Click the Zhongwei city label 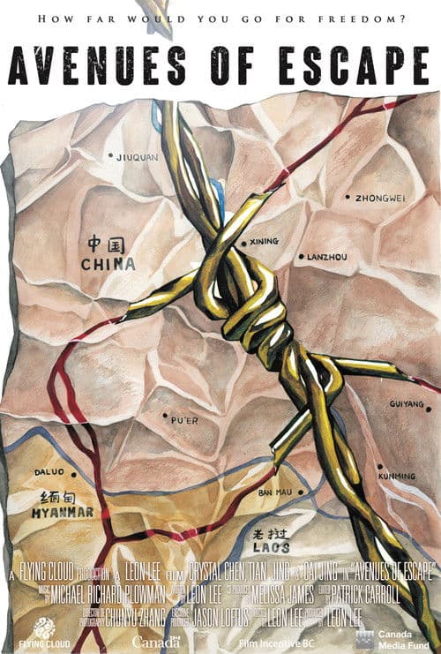point(380,198)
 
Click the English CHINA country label point(108,263)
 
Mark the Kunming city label point(397,476)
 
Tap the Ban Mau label point(275,492)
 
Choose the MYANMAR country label point(62,512)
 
